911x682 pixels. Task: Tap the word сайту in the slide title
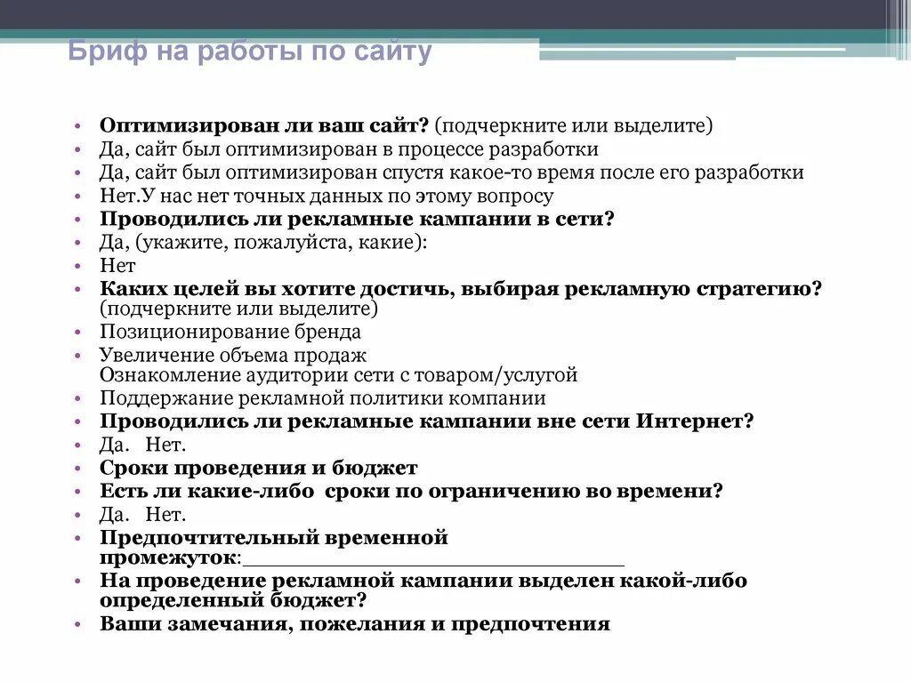tap(395, 52)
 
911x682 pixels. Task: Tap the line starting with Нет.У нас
tap(326, 196)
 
